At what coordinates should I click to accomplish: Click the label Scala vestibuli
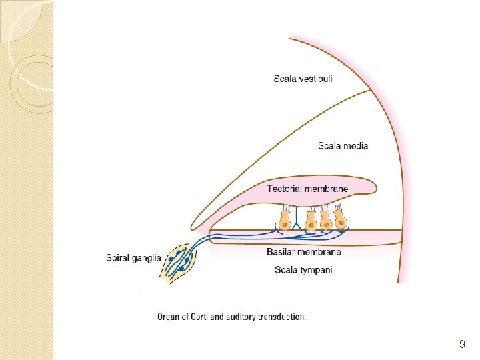tap(303, 79)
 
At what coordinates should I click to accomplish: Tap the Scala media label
tap(343, 145)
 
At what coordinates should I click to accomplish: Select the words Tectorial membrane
tap(307, 189)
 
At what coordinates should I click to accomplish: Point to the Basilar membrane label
tap(303, 252)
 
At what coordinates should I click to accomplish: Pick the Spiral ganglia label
tap(133, 257)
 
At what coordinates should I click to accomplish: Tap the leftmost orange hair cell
tap(285, 219)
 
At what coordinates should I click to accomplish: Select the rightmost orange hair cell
tap(341, 219)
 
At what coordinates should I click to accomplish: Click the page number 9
tap(462, 345)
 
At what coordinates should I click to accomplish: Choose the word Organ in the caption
tap(169, 317)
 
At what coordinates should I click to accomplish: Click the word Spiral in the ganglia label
tap(119, 257)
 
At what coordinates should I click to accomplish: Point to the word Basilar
tap(281, 252)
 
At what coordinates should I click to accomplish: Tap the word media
tap(355, 145)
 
